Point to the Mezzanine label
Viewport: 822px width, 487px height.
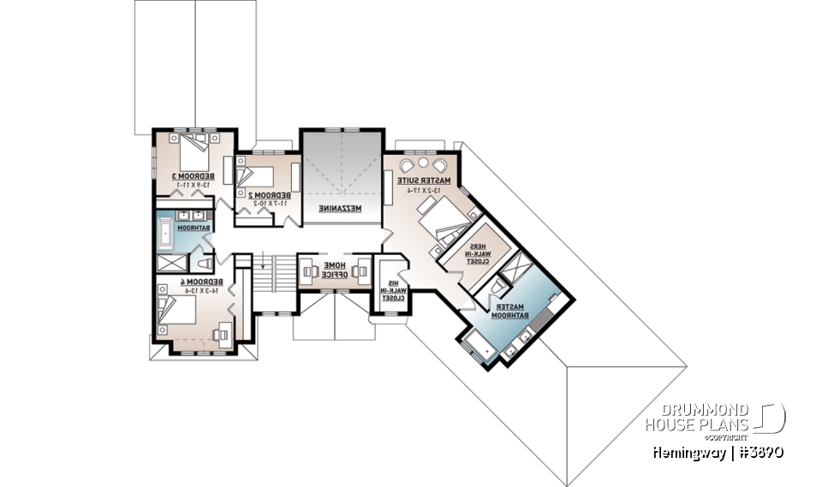pos(340,209)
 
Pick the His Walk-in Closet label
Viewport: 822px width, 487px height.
pos(393,290)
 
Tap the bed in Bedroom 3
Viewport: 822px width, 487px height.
pos(194,153)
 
